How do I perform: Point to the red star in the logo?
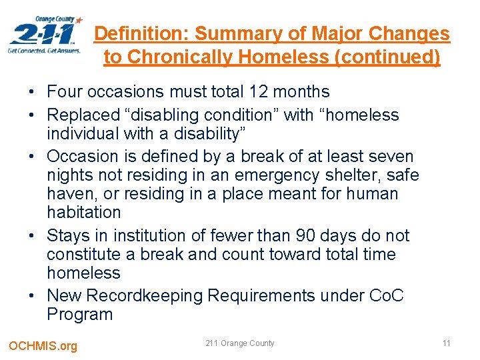(x=81, y=21)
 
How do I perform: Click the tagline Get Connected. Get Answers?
(x=45, y=50)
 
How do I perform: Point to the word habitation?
(x=84, y=213)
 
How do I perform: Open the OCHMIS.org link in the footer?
(x=43, y=345)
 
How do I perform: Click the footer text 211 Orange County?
(x=239, y=343)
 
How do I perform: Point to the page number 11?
(x=446, y=343)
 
